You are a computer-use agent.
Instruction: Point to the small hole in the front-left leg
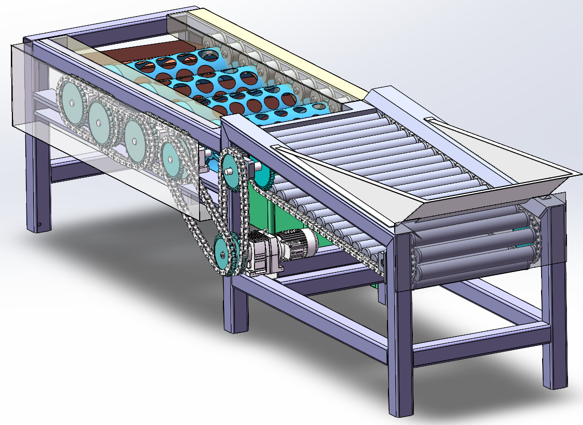[x=39, y=224]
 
